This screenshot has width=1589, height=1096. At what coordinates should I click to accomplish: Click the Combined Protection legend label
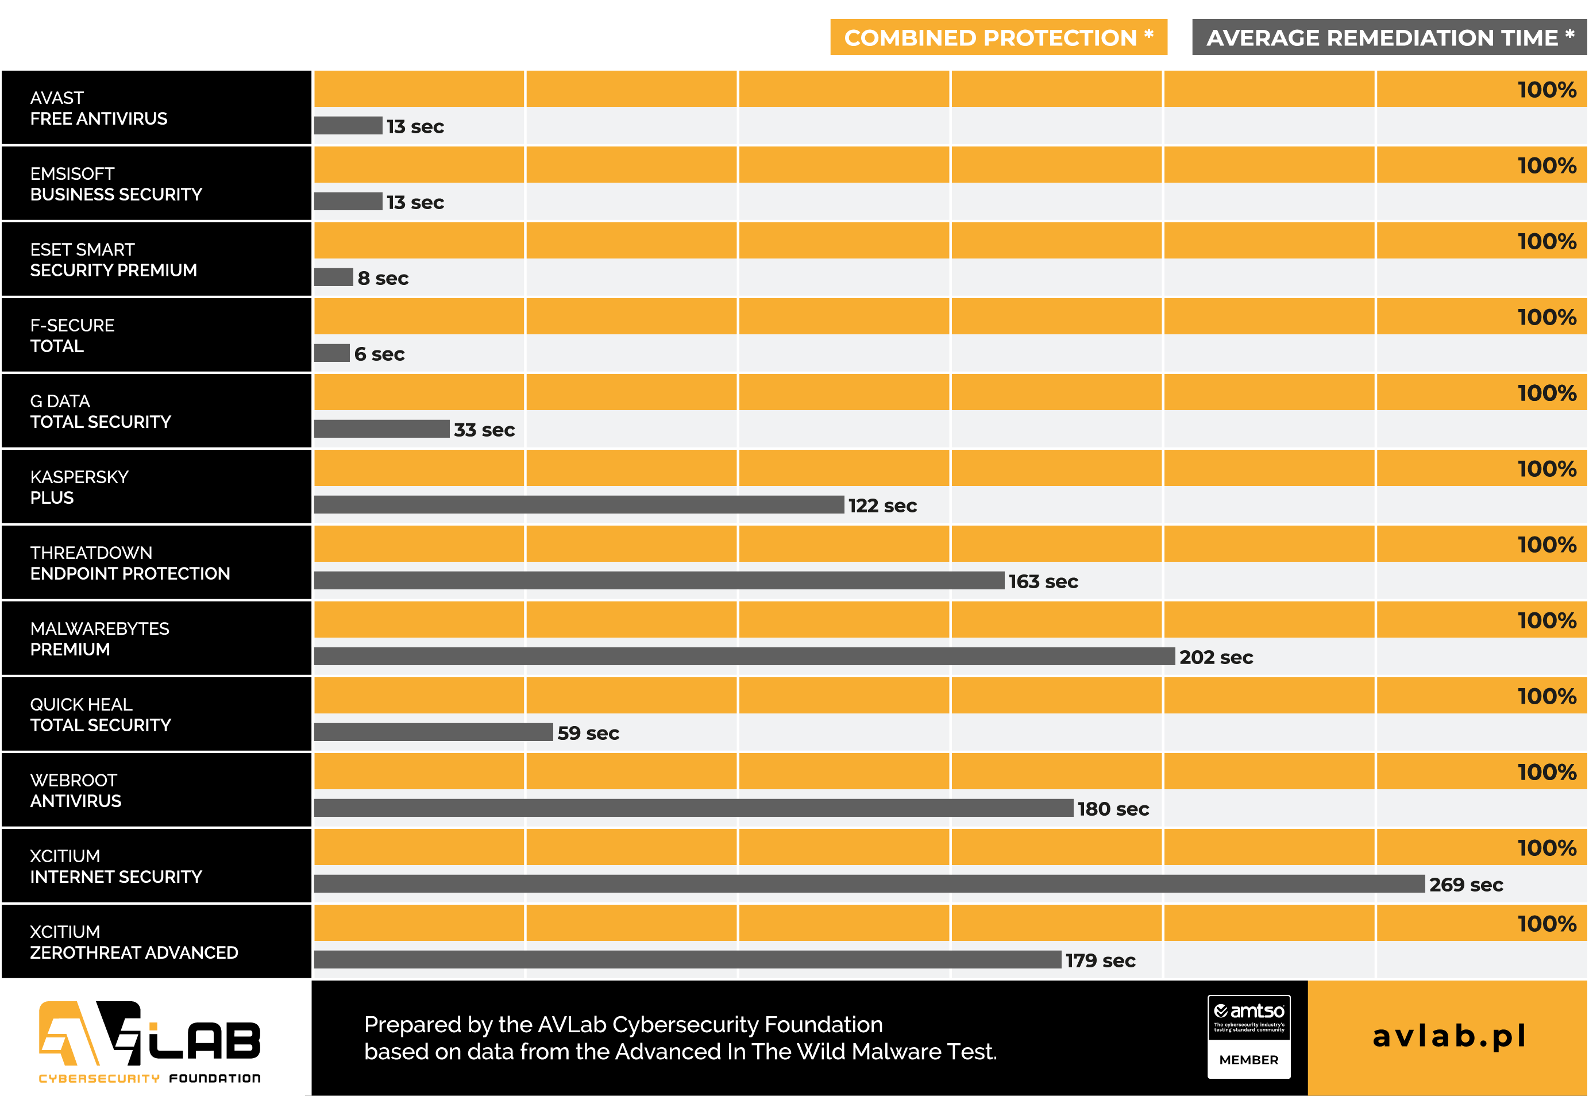tap(998, 37)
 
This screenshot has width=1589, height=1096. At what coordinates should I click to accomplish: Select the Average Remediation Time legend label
tap(1389, 37)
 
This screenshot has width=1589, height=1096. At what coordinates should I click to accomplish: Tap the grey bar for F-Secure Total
tap(331, 353)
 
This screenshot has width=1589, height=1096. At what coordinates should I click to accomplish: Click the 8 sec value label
tap(383, 278)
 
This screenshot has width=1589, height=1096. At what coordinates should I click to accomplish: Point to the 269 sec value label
tap(1465, 885)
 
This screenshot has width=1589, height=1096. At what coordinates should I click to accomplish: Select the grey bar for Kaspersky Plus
tap(578, 505)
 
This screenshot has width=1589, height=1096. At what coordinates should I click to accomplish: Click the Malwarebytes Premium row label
tap(99, 639)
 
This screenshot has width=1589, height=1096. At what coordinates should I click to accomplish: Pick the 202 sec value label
tap(1216, 657)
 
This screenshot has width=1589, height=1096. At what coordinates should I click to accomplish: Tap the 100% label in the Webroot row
tap(1546, 772)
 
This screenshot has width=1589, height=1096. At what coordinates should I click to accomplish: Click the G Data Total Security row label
tap(101, 411)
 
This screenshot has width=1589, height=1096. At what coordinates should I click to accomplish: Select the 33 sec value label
tap(484, 430)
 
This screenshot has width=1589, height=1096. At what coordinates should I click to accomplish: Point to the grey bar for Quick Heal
tap(433, 732)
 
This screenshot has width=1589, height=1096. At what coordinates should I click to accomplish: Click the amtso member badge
tap(1248, 1036)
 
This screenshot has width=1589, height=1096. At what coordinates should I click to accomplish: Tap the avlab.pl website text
tap(1448, 1036)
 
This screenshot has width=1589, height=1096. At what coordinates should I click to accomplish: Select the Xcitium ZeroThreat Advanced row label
tap(134, 942)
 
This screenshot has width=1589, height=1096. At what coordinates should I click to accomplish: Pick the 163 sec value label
tap(1043, 582)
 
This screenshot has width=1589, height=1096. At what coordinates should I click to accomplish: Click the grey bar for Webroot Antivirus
tap(693, 808)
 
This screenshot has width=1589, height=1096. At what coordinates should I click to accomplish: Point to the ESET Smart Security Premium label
tap(113, 260)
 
